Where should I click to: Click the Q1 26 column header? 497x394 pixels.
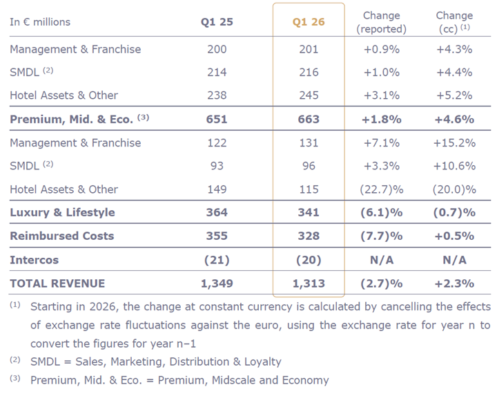click(309, 22)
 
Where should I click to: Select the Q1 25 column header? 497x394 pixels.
click(217, 22)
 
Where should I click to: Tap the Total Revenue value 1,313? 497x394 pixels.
click(309, 283)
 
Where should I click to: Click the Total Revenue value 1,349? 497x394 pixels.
click(217, 283)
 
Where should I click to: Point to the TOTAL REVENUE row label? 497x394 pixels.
click(57, 283)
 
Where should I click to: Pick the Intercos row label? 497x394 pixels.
click(35, 260)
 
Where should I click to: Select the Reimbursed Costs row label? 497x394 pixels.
click(62, 236)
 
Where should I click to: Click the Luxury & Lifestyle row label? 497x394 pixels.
click(62, 212)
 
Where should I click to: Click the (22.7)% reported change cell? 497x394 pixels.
click(382, 189)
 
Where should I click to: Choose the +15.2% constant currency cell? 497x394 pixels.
click(454, 142)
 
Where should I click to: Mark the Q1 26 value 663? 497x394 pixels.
click(309, 119)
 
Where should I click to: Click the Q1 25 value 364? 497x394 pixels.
click(217, 212)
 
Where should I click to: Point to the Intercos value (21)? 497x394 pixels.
click(217, 260)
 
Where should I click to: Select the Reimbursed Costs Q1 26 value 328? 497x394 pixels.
click(309, 236)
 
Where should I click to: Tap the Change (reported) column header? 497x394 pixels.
click(382, 22)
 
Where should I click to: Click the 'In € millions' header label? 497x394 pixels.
click(40, 22)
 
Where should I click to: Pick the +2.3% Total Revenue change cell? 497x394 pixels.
click(454, 283)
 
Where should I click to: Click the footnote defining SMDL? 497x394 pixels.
click(155, 362)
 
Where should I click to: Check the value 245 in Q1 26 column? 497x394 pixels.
click(309, 95)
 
